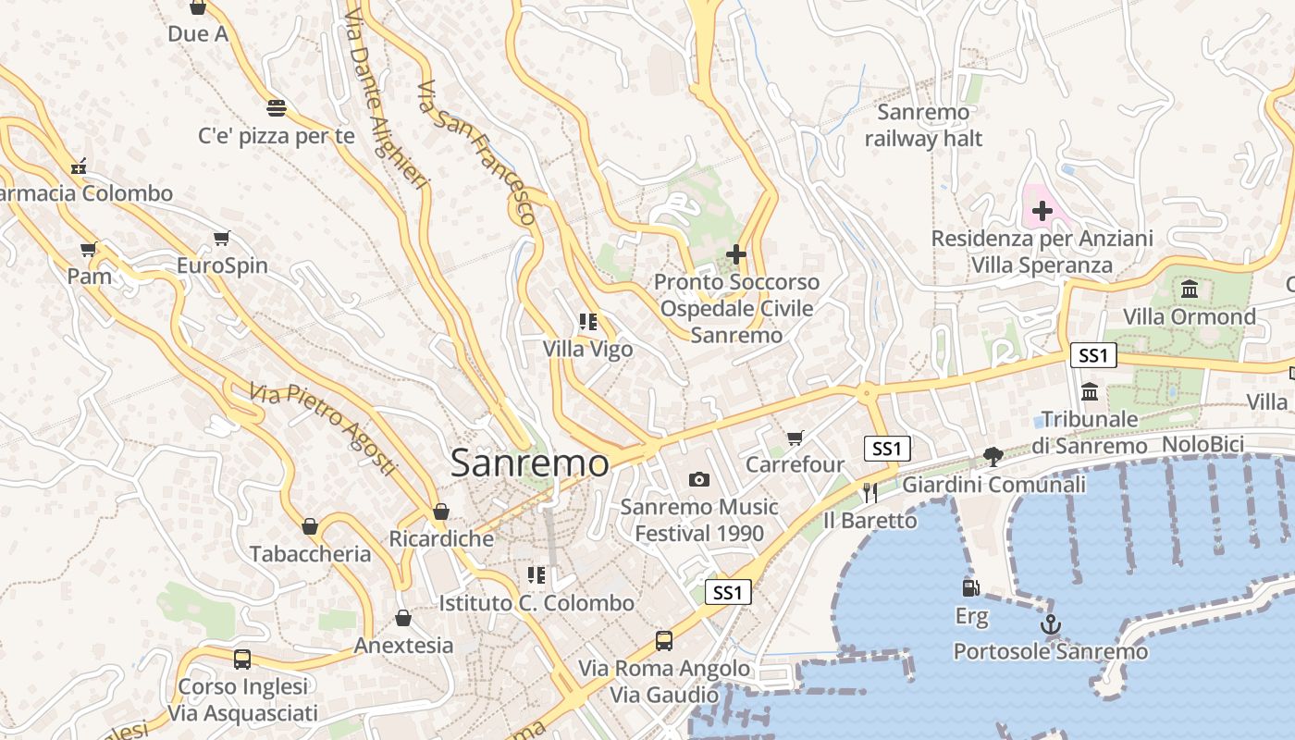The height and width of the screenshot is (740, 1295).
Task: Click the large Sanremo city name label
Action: point(529,463)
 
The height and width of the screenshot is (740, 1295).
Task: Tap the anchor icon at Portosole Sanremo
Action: point(1050,625)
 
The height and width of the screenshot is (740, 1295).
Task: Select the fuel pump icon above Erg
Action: point(970,588)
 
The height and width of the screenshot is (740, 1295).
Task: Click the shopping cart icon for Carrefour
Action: point(795,438)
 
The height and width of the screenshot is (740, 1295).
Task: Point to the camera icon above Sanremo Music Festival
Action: point(699,479)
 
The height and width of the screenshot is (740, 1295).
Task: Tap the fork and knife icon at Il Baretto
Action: point(869,492)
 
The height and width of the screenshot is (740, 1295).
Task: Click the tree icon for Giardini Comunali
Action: point(993,457)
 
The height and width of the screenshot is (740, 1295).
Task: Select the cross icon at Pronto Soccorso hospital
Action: point(736,254)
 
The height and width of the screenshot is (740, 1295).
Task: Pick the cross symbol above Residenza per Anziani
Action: point(1042,211)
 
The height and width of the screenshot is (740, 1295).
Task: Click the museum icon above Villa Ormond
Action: point(1190,290)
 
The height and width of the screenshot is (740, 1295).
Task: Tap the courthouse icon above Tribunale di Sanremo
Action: point(1090,392)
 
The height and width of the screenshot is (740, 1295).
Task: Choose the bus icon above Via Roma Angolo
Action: point(664,640)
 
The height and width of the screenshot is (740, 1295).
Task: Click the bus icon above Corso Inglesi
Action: point(242,660)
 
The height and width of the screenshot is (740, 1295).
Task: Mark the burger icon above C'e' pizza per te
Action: point(276,108)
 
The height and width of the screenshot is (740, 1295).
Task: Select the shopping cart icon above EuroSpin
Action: point(222,239)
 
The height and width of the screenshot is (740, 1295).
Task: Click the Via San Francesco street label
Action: point(476,153)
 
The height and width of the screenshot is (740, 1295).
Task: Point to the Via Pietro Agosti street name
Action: point(323,429)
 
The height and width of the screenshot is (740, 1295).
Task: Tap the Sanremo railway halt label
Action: point(923,126)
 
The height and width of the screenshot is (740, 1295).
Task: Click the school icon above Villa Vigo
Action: point(588,322)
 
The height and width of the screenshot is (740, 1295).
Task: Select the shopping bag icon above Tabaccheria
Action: point(310,526)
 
